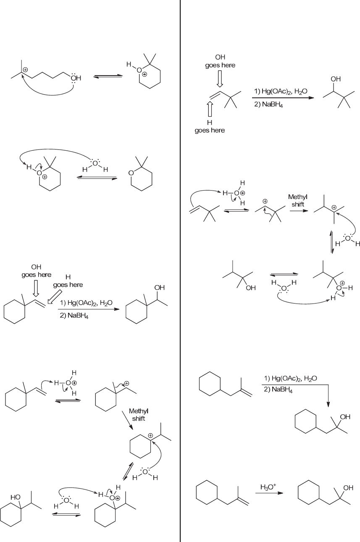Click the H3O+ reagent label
(268, 487)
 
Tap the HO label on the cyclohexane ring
(16, 497)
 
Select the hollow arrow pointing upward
(210, 110)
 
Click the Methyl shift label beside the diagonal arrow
(139, 415)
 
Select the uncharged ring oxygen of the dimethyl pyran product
(131, 173)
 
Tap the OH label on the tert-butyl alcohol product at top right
(336, 79)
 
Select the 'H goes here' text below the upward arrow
(210, 126)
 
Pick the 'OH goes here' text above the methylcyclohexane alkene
(37, 271)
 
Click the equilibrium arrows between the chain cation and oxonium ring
(108, 76)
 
